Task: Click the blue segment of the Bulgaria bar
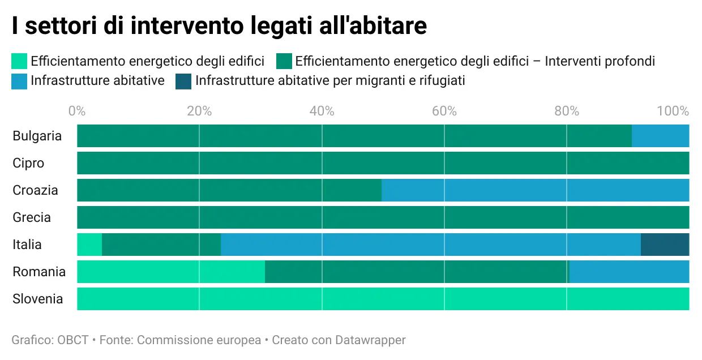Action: click(x=660, y=136)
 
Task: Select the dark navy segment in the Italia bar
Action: click(x=665, y=245)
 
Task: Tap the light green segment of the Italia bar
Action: click(x=89, y=245)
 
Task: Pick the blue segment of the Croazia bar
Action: click(x=535, y=190)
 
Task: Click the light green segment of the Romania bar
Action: click(x=171, y=272)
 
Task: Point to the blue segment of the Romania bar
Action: click(x=629, y=272)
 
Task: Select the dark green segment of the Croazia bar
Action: click(x=229, y=190)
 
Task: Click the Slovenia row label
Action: click(x=37, y=299)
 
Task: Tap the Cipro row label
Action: click(x=28, y=163)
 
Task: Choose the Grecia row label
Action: click(x=32, y=217)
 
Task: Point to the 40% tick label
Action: click(x=322, y=111)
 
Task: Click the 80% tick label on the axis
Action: click(x=567, y=111)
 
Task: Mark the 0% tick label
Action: click(x=77, y=111)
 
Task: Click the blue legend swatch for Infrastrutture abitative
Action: click(x=19, y=81)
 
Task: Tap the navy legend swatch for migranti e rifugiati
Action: click(x=183, y=81)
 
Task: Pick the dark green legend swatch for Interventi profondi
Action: click(x=284, y=61)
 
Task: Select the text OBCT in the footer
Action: click(x=73, y=340)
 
